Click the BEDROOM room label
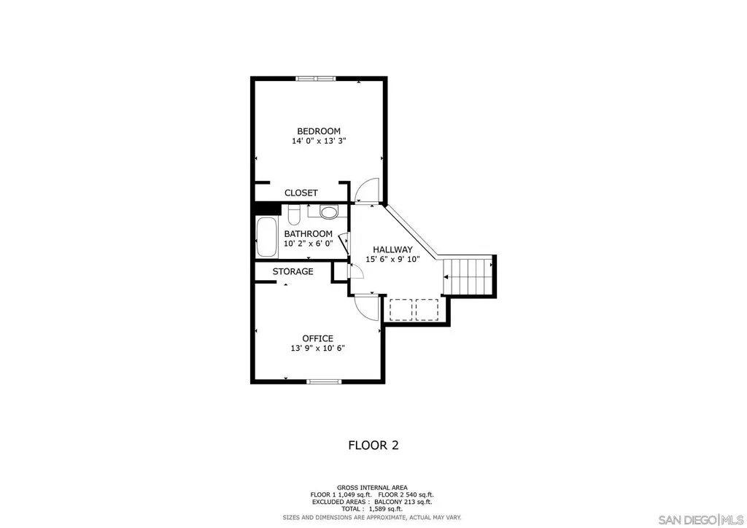tap(319, 131)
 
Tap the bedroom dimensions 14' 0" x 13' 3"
tap(319, 141)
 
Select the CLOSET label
tap(301, 193)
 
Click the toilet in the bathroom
tap(293, 214)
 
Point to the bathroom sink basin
tap(328, 211)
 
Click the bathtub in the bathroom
tap(267, 237)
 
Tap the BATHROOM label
tap(309, 234)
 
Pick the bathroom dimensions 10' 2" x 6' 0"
tap(309, 244)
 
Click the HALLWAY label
tap(392, 249)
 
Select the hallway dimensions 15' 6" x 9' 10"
tap(392, 260)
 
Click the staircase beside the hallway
tap(468, 276)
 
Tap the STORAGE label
tap(293, 271)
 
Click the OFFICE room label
tap(318, 338)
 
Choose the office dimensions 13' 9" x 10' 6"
tap(318, 349)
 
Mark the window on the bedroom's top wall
tap(316, 79)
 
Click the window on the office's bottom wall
tap(324, 381)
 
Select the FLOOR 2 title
tap(373, 446)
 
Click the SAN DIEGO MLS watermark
tap(701, 519)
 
